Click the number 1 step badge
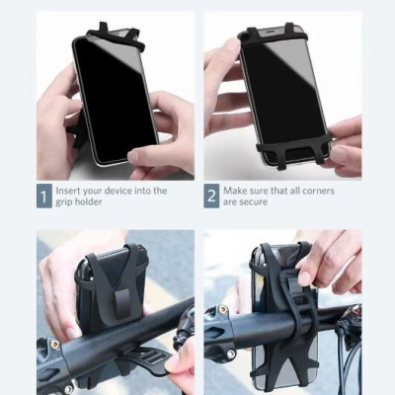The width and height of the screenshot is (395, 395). pos(44,197)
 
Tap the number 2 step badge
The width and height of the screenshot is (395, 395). pos(211,197)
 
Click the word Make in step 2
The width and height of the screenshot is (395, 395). pos(235,191)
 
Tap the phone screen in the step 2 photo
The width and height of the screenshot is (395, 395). pos(284,92)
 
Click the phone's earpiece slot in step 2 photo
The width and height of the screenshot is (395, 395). pos(272,34)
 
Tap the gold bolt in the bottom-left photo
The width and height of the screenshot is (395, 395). pos(54,345)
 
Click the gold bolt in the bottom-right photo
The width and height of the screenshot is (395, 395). pos(223,310)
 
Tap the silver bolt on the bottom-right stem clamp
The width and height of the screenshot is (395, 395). pos(231,355)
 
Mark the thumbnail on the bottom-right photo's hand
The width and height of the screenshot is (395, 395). pos(304,278)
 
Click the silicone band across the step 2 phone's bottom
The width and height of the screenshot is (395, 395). pos(293,147)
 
